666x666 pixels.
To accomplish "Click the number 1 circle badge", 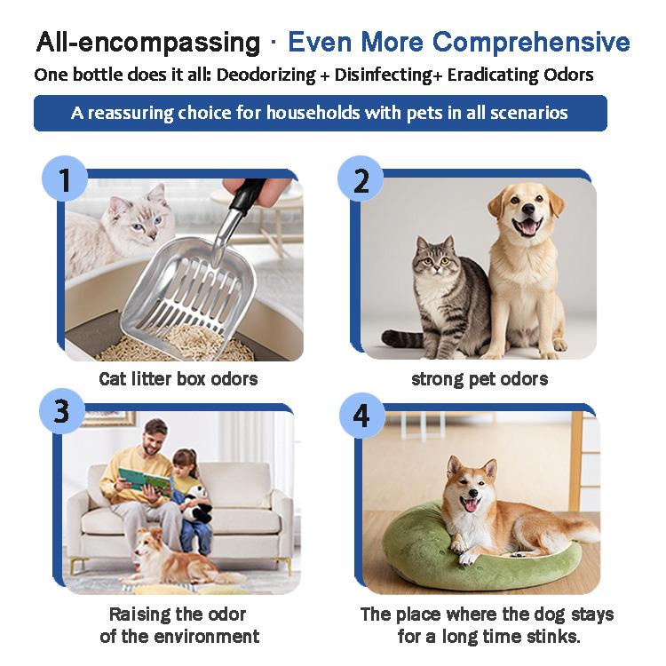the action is (x=65, y=178).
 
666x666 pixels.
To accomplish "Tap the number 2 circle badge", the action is (x=361, y=178).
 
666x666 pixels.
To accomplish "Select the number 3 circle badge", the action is (x=62, y=411).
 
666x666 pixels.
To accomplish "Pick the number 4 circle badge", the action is (x=362, y=416).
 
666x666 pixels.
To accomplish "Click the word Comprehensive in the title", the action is (x=531, y=43).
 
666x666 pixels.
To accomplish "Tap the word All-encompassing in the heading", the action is (x=148, y=43).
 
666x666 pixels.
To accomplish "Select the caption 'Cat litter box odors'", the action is (x=178, y=378).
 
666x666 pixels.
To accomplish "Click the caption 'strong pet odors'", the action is (x=480, y=379).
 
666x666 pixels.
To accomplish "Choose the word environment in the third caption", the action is (x=206, y=636).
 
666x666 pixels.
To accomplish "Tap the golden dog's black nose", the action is (x=528, y=209).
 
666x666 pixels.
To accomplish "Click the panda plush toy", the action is (x=196, y=504).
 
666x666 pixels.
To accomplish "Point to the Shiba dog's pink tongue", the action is (x=470, y=505).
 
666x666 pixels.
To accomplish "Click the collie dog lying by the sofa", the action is (x=178, y=558).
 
